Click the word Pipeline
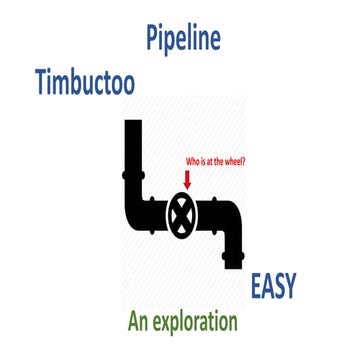(182, 41)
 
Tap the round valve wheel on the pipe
(182, 212)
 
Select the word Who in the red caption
(193, 159)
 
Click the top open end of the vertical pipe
(130, 124)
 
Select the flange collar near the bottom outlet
(232, 251)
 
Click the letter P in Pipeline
(153, 41)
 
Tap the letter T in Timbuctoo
(40, 80)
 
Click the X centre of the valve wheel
(182, 212)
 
